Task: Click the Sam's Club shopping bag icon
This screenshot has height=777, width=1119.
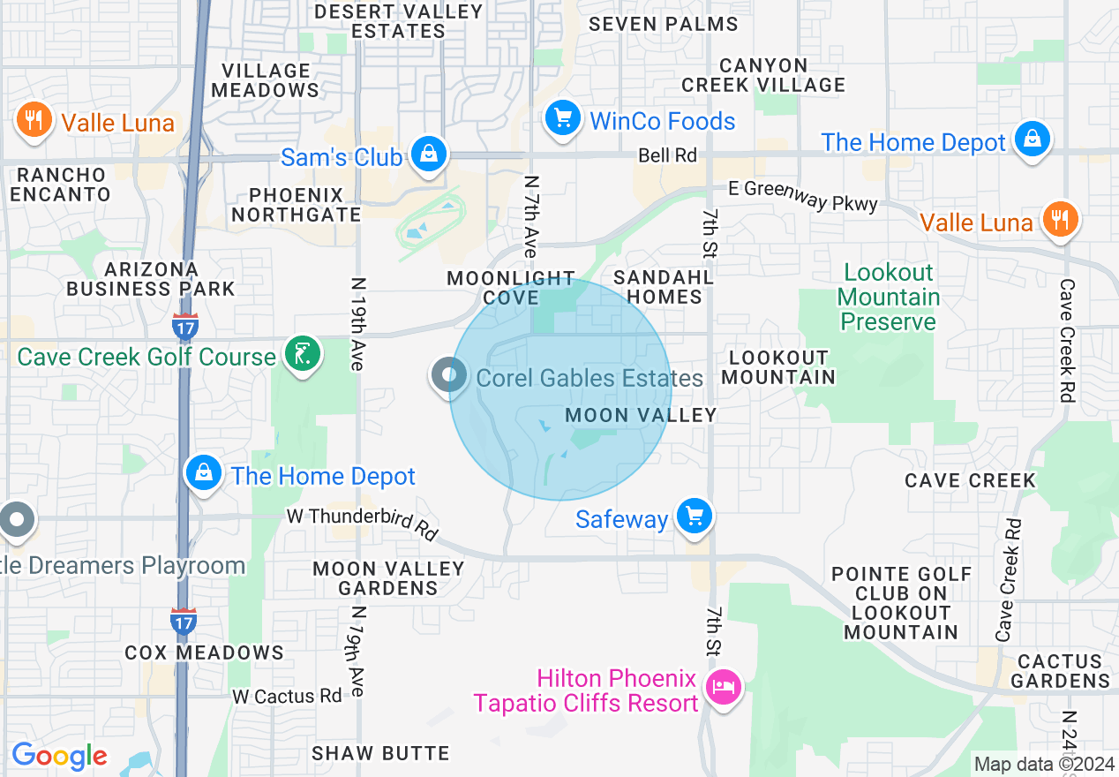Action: tap(428, 155)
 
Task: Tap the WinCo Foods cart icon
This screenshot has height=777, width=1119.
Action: tap(561, 118)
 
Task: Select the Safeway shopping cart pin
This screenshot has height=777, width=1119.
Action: tap(694, 516)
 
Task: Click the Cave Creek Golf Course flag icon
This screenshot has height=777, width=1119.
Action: tap(303, 355)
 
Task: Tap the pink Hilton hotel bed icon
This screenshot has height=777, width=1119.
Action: tap(725, 688)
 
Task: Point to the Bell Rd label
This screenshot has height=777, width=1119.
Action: tap(668, 155)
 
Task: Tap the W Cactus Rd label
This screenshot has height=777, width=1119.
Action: tap(287, 697)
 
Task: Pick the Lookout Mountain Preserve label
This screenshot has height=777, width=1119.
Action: tap(888, 297)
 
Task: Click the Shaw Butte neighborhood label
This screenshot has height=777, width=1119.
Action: tap(380, 753)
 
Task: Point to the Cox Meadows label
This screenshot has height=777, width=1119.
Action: tap(205, 653)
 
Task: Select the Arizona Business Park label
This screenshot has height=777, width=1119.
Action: tap(151, 278)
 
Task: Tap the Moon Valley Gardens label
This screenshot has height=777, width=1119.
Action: tap(388, 578)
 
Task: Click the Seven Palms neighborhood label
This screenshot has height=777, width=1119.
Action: tap(663, 24)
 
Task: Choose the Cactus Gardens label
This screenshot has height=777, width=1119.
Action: tap(1060, 671)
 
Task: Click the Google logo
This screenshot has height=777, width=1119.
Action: tap(59, 756)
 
